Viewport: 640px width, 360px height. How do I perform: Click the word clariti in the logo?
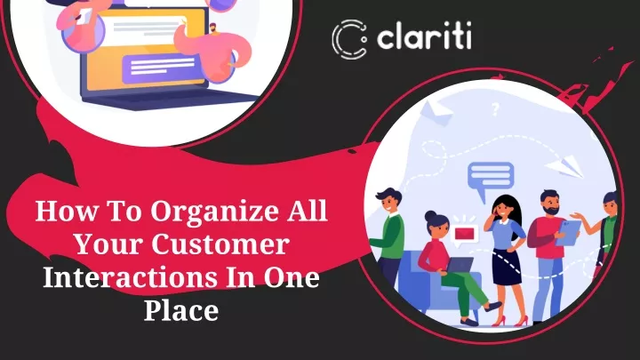(424, 36)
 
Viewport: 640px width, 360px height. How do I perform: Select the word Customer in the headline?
(220, 244)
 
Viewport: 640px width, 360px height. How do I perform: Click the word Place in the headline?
(181, 310)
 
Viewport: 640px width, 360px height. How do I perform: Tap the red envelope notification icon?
(465, 234)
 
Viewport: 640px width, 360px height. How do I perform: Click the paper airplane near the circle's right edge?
(565, 166)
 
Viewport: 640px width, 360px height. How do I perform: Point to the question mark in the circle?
(495, 109)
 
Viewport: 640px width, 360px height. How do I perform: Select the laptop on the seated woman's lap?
(460, 265)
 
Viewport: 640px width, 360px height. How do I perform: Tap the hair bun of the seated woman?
(429, 215)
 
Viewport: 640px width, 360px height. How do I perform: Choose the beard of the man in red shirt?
(551, 212)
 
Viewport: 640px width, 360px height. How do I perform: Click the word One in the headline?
(291, 277)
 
